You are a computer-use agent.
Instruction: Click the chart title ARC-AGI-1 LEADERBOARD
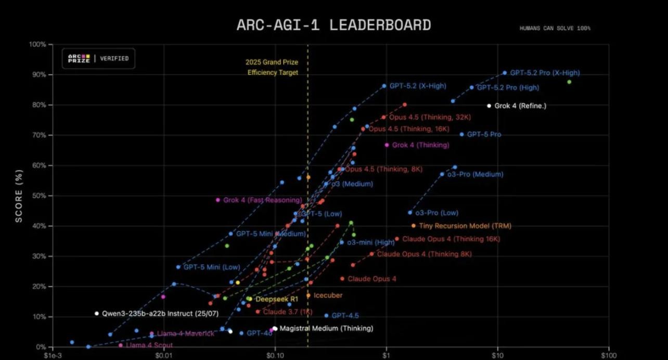[x=333, y=25]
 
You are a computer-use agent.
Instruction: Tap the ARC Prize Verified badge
[x=98, y=59]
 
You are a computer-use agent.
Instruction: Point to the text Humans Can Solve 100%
[x=555, y=28]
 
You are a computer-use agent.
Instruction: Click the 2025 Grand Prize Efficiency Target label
[x=272, y=68]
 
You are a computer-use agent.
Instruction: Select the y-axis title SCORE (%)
[x=19, y=196]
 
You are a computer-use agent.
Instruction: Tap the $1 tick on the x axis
[x=386, y=356]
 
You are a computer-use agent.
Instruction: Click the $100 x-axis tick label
[x=608, y=356]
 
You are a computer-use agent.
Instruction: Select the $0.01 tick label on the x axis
[x=163, y=356]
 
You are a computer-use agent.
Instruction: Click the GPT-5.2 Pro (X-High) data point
[x=505, y=73]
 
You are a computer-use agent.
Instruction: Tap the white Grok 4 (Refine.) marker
[x=489, y=106]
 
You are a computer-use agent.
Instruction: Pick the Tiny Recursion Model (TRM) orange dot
[x=414, y=226]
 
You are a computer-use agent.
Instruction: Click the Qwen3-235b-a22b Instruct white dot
[x=97, y=313]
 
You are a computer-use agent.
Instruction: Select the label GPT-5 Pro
[x=484, y=134]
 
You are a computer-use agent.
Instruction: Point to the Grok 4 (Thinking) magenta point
[x=387, y=145]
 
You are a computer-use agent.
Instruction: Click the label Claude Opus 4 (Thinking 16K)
[x=451, y=239]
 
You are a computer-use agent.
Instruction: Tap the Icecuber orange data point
[x=309, y=295]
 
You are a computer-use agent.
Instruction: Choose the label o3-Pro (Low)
[x=436, y=213]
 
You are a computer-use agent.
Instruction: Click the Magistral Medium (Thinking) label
[x=326, y=328]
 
